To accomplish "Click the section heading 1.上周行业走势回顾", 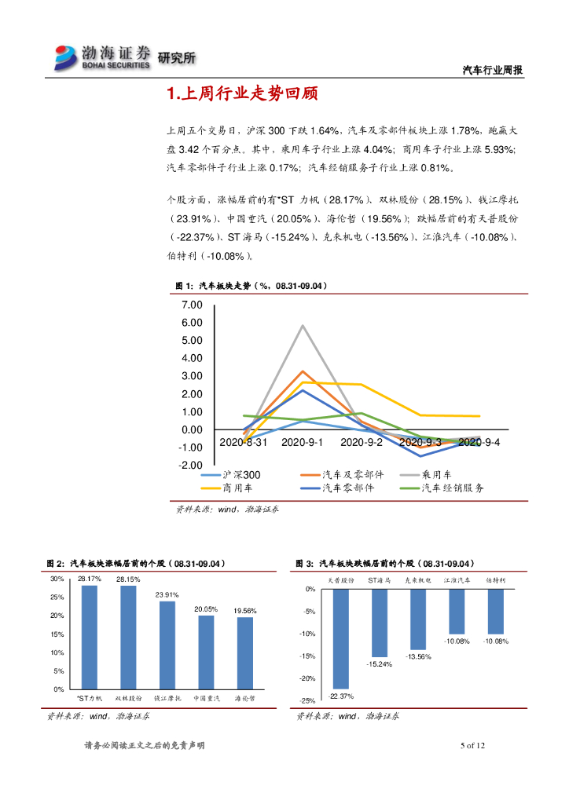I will click(242, 95).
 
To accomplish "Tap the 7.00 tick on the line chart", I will click(192, 305).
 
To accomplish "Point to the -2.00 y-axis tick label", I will click(190, 466).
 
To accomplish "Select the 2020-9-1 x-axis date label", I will click(303, 443).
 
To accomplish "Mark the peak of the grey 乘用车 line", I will click(303, 326).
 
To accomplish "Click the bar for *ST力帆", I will click(90, 637).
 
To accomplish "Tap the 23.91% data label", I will click(167, 594).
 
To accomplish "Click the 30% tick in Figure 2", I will click(57, 579).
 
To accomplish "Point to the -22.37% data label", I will click(341, 696).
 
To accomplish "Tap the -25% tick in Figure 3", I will click(309, 701).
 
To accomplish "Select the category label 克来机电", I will click(417, 579).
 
